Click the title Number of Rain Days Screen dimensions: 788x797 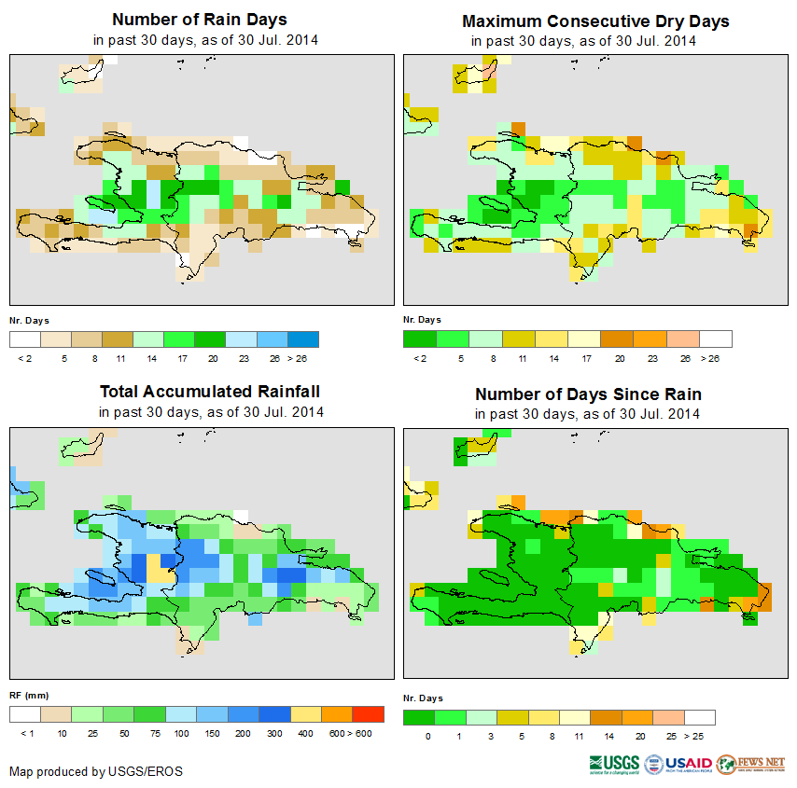(200, 20)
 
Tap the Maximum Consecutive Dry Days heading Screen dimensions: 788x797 (595, 21)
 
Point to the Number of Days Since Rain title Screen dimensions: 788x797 (588, 394)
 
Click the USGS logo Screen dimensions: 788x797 (613, 764)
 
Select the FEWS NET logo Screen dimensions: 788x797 (750, 764)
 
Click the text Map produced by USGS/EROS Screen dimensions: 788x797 (96, 771)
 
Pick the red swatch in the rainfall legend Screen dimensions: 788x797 (368, 715)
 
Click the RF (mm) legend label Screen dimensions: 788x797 (29, 696)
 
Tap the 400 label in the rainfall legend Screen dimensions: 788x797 (306, 734)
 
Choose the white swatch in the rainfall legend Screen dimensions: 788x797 (25, 715)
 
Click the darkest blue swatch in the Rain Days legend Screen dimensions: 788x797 (303, 339)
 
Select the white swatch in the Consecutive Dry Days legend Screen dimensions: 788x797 (716, 339)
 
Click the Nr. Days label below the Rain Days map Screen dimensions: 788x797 (29, 320)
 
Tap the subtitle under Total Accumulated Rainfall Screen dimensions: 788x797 (211, 412)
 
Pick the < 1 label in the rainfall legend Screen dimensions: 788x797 (26, 734)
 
